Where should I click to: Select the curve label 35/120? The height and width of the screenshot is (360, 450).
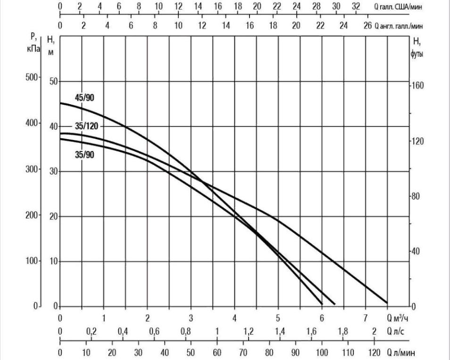86,126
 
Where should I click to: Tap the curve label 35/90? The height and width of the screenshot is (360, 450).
84,154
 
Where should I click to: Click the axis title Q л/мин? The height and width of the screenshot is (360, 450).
401,353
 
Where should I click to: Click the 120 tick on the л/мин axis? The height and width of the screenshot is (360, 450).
374,353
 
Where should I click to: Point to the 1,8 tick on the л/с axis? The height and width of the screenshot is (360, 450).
343,331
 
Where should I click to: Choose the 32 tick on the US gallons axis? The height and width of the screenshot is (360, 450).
356,7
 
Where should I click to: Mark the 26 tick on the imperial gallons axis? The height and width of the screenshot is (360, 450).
368,25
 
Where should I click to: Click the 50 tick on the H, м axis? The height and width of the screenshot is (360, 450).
53,82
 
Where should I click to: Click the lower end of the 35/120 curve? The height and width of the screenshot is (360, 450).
387,303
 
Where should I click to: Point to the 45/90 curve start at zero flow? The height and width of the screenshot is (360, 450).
60,103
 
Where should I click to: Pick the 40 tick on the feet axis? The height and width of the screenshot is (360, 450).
415,251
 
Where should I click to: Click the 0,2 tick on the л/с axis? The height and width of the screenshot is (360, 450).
91,331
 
